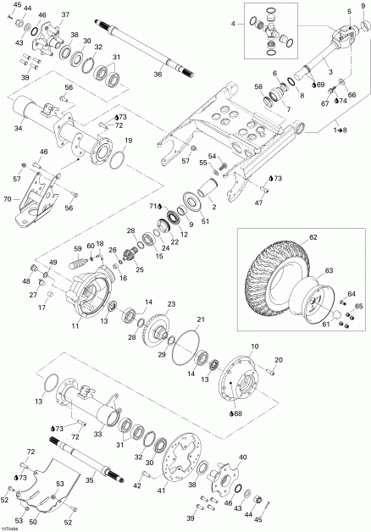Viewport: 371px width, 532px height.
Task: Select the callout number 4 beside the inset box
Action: click(235, 25)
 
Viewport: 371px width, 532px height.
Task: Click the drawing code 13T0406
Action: click(14, 525)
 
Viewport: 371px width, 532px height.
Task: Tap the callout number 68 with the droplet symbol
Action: click(236, 413)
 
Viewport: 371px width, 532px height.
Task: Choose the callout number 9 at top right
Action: click(363, 7)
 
